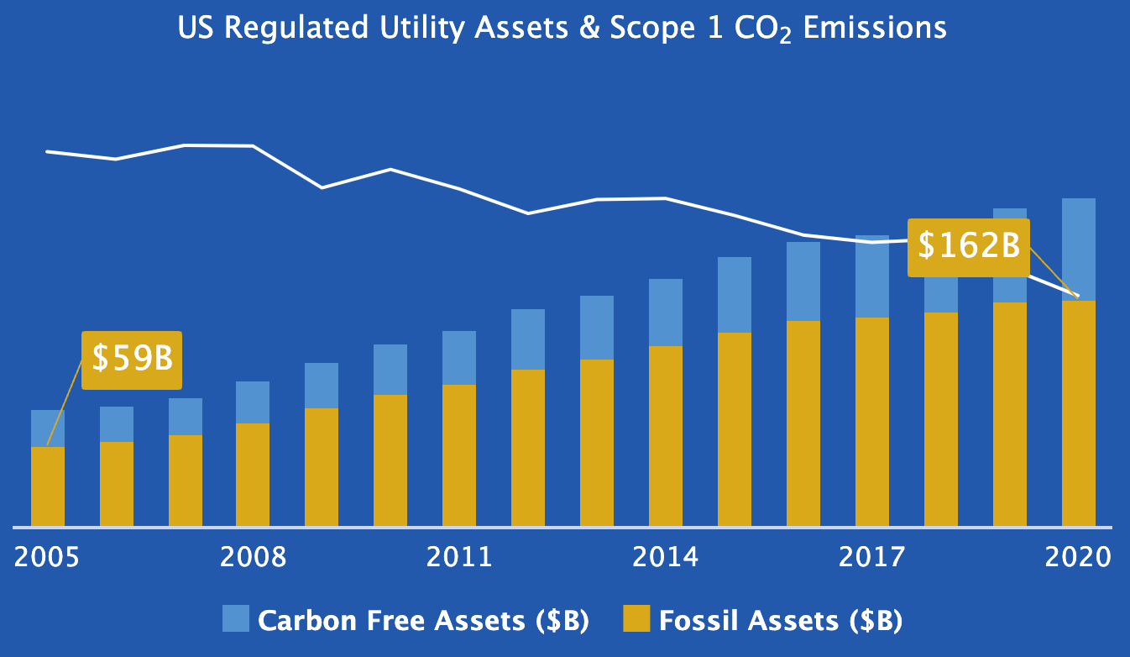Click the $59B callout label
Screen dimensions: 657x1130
coord(132,359)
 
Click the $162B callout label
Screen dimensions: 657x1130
coord(968,246)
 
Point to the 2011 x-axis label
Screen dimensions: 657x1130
coord(458,558)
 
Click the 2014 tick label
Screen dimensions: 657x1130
coord(665,558)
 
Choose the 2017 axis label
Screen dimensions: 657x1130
coord(871,558)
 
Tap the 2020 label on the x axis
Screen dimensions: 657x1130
coord(1078,558)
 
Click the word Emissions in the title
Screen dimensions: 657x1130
coord(875,28)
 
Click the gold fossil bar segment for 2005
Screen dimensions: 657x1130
coord(48,487)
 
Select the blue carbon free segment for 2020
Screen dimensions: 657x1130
coord(1079,249)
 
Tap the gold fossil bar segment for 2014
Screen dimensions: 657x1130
coord(666,437)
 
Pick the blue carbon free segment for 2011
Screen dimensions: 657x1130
coord(459,357)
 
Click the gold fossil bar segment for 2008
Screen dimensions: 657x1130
coord(253,475)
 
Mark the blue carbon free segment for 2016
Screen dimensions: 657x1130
coord(803,281)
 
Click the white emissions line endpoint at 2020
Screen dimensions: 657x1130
coord(1078,296)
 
